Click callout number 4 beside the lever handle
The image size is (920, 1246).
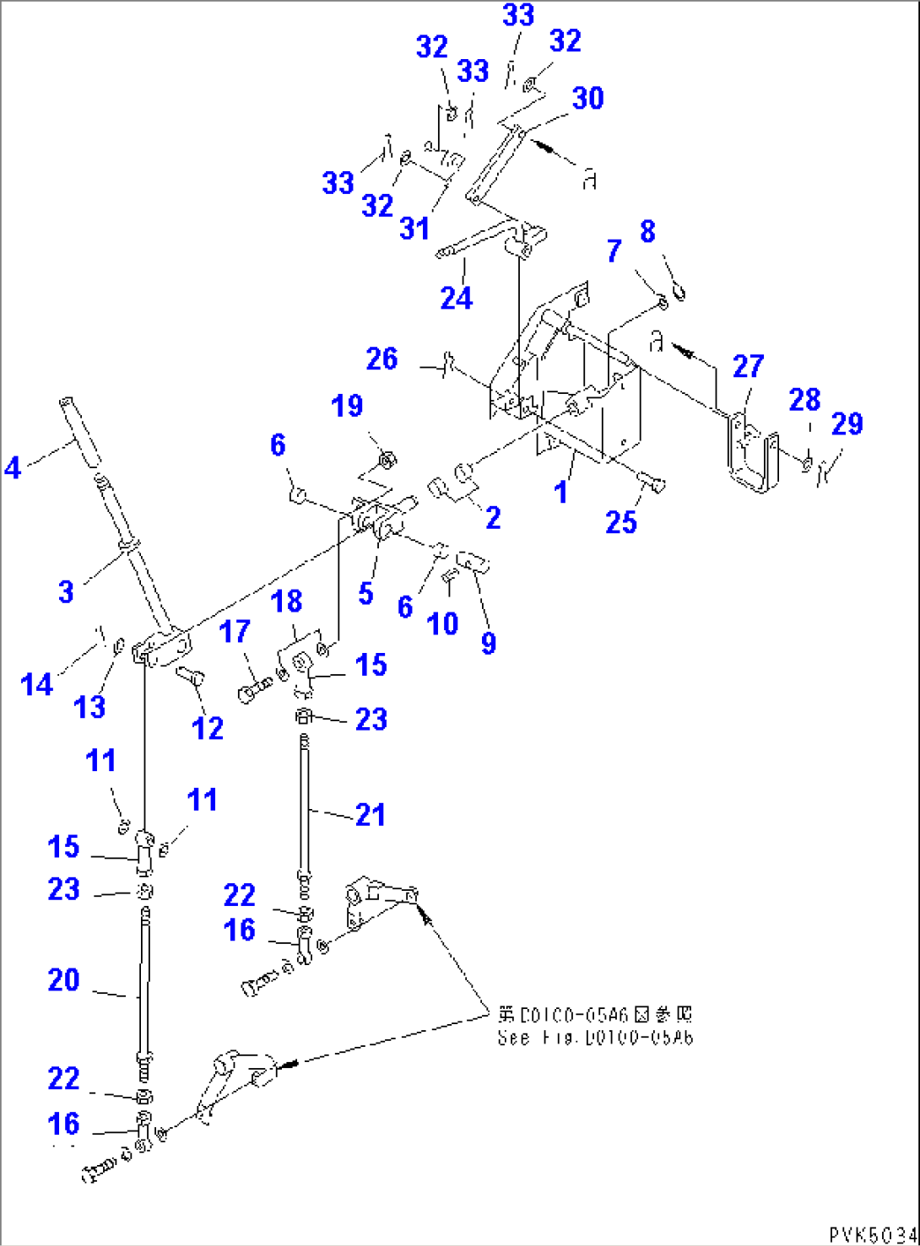click(13, 467)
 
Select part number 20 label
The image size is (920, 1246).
click(63, 979)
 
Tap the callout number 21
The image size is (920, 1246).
click(370, 814)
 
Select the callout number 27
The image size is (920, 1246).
click(748, 366)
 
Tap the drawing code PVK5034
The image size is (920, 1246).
click(873, 1235)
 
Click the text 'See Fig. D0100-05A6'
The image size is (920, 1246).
click(595, 1038)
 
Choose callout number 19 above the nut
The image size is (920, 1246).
click(347, 406)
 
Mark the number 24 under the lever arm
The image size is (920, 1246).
click(457, 298)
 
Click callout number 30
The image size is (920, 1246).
click(587, 98)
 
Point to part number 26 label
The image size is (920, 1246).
click(382, 359)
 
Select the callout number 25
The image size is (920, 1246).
click(620, 522)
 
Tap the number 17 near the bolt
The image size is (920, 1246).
click(235, 631)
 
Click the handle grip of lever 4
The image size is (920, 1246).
click(80, 430)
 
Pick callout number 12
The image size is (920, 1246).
click(208, 728)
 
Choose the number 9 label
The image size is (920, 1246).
click(489, 643)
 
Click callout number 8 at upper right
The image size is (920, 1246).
click(647, 231)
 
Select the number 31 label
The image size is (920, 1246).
click(414, 228)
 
